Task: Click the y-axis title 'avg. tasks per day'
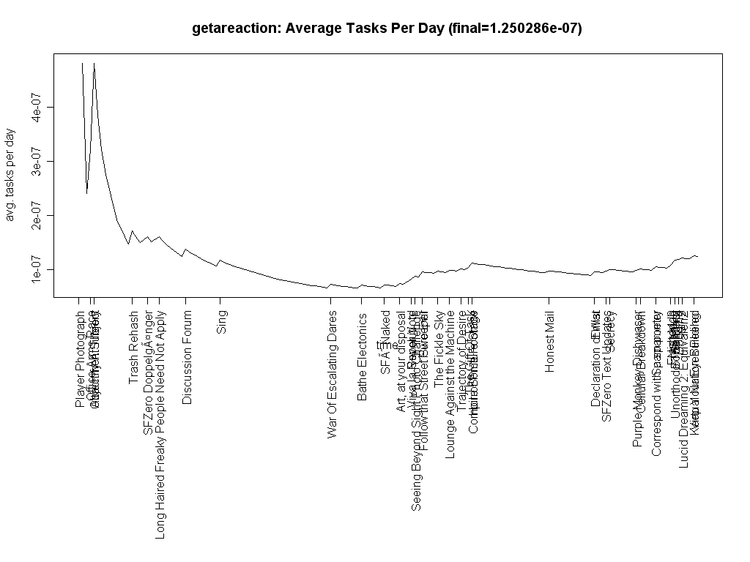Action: [x=10, y=176]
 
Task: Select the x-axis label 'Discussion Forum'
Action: [x=187, y=357]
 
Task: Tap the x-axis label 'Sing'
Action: [x=221, y=322]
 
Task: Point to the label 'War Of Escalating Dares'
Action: [x=333, y=374]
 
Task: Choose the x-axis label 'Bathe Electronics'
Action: [x=362, y=356]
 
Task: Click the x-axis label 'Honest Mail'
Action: [x=549, y=341]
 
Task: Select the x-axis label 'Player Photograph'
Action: [x=80, y=359]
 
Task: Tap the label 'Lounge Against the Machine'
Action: [x=450, y=384]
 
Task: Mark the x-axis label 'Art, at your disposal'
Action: [x=401, y=361]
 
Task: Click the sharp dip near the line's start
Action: [x=87, y=193]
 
